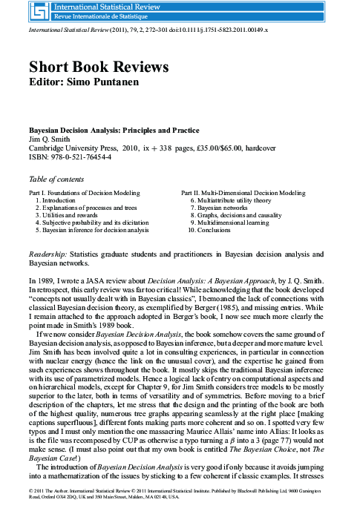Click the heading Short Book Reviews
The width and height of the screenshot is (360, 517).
point(98,66)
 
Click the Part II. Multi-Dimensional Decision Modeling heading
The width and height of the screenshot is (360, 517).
point(243,192)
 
